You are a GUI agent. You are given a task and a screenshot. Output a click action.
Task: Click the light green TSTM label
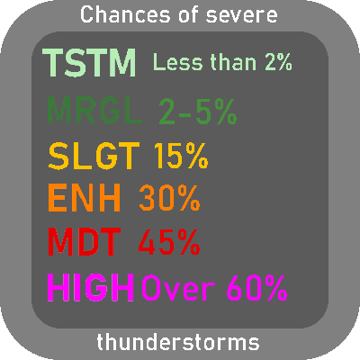89,63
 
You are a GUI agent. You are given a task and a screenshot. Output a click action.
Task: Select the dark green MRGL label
94,111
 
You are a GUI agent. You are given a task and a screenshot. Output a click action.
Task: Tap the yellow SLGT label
94,156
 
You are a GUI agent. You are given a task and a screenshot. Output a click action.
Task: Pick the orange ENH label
85,198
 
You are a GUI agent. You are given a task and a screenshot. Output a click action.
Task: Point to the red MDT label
85,242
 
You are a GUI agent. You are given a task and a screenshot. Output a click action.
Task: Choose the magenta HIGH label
91,287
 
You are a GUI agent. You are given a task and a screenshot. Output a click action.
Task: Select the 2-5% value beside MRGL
198,112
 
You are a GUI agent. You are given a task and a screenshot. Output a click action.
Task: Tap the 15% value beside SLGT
181,156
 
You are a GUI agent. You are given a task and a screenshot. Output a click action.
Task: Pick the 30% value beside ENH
169,198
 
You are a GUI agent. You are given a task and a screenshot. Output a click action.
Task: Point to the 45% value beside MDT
169,242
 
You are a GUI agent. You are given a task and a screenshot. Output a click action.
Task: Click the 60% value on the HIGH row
257,288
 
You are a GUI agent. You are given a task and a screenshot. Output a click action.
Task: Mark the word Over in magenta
178,288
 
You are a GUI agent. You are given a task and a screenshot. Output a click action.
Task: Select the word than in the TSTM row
233,62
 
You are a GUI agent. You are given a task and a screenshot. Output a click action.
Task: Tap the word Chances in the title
125,14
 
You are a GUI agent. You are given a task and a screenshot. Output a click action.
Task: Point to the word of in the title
188,14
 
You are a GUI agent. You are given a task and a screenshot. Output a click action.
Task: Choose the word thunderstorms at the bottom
178,342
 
